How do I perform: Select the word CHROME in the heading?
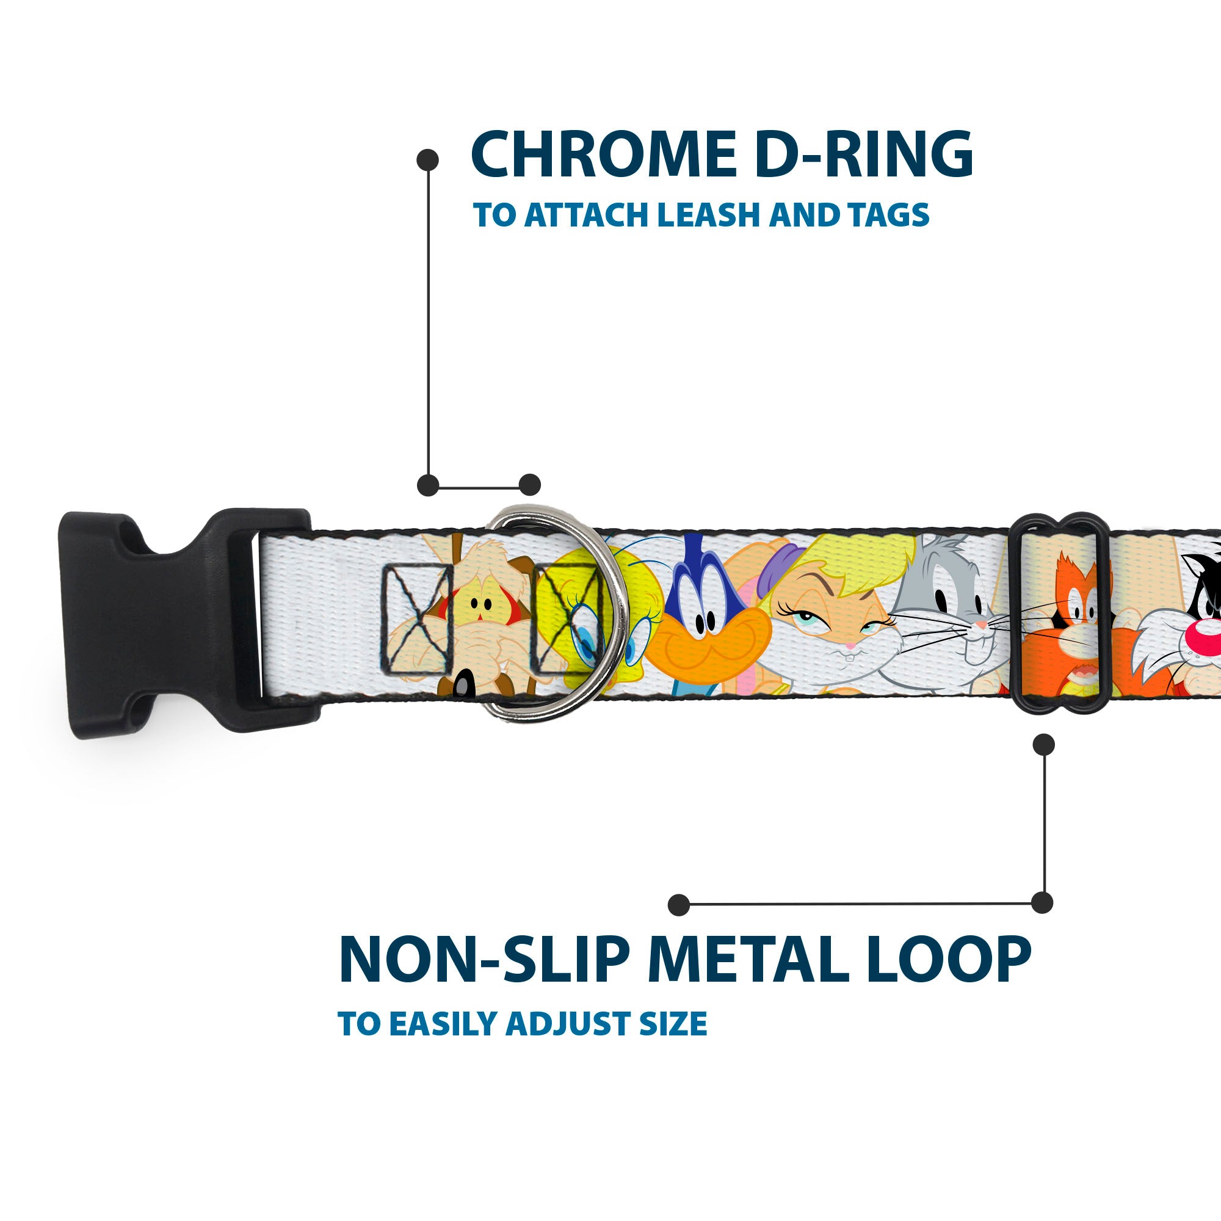(x=604, y=155)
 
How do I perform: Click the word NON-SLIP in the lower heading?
(x=484, y=960)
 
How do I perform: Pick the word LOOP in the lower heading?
(x=949, y=960)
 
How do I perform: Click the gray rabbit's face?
(x=948, y=607)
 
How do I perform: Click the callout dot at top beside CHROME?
(x=428, y=159)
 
